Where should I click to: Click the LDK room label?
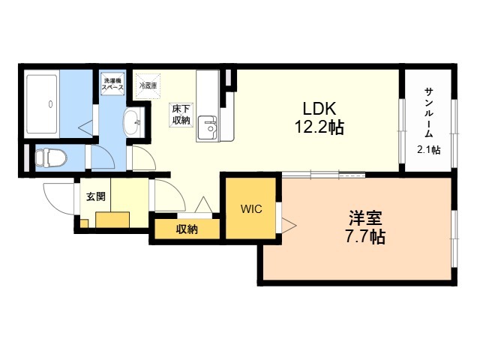coord(319,108)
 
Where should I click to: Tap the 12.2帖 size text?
coord(319,127)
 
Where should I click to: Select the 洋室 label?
coord(365,218)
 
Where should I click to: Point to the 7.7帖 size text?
coord(365,236)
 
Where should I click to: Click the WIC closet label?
coord(251,208)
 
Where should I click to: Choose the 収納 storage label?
coord(187,229)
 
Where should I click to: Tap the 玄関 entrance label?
coord(96,196)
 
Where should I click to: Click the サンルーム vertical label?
coord(429,112)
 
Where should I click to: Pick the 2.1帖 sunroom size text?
coord(429,150)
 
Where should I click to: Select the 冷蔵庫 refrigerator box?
coord(148,86)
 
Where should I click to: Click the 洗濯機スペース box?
coord(113,84)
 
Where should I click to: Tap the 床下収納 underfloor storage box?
coord(181,115)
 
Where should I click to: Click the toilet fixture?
coord(51,158)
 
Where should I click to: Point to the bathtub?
coord(42,103)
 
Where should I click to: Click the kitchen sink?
coord(207,127)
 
